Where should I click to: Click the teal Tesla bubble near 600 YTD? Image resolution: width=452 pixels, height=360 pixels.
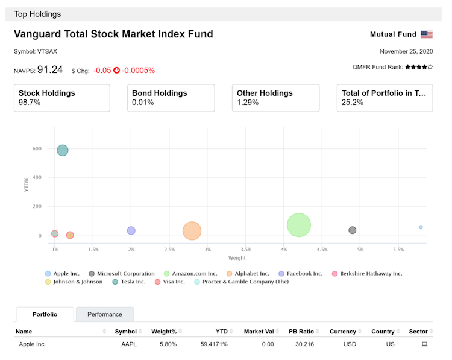63,150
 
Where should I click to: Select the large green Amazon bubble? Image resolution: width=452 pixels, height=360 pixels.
299,225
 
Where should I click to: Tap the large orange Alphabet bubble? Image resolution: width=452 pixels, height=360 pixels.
192,230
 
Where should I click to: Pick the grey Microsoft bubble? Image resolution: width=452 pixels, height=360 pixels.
353,230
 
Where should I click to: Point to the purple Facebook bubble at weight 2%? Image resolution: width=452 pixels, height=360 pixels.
131,230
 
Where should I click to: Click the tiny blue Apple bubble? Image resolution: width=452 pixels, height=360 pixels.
421,227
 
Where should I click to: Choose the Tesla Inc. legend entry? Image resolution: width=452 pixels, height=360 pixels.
128,282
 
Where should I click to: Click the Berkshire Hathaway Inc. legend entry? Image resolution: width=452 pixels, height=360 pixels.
367,273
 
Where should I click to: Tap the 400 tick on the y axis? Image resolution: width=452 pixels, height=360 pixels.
37,178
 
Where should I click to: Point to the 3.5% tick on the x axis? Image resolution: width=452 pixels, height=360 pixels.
246,249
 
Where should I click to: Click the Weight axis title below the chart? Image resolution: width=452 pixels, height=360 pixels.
237,258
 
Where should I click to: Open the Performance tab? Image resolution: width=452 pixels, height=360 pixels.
105,314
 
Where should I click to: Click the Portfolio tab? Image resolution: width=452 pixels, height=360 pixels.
45,314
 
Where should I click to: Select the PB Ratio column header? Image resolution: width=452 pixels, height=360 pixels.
301,331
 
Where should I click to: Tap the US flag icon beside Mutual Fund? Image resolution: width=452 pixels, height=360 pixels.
427,34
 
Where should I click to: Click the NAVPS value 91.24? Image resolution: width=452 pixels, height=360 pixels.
50,69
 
